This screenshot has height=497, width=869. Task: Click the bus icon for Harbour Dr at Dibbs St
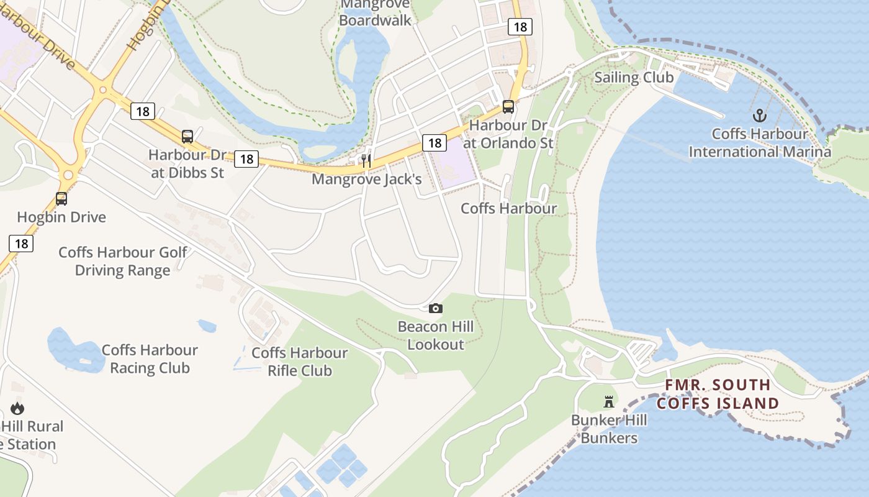(x=187, y=137)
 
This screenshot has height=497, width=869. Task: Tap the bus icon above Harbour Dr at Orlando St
(x=508, y=107)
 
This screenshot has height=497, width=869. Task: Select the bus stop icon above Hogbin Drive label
(x=61, y=199)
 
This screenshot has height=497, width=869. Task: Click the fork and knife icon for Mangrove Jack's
(x=366, y=161)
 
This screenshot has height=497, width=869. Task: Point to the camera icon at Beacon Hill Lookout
(x=436, y=308)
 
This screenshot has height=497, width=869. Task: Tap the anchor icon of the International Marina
(x=760, y=116)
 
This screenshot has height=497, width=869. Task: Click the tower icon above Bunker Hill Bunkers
(x=609, y=402)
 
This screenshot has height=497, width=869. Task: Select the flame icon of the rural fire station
(x=17, y=408)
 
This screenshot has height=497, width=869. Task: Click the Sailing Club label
(x=634, y=78)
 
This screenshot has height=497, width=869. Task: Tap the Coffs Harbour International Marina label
(x=760, y=143)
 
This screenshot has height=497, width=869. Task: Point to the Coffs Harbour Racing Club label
(x=150, y=359)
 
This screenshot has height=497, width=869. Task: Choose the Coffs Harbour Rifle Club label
(x=300, y=362)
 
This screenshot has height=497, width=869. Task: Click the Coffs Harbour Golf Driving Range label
(x=123, y=262)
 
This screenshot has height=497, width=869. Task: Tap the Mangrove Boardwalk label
(x=375, y=12)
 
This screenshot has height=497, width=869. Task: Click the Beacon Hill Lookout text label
(x=436, y=335)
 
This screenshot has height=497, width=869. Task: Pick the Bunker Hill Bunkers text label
(x=609, y=429)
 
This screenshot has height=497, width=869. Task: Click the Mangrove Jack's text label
(x=366, y=180)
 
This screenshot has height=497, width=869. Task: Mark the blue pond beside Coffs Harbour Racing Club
(x=74, y=351)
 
